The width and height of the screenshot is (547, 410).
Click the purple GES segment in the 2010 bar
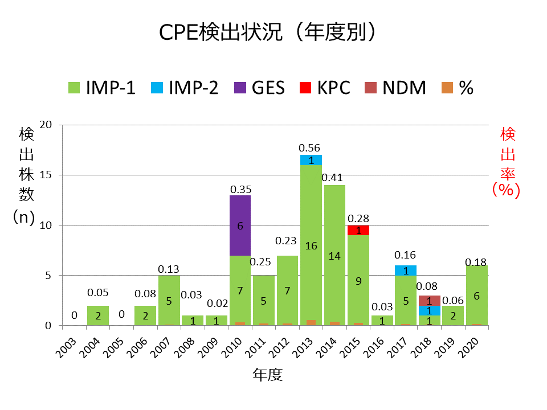click(240, 225)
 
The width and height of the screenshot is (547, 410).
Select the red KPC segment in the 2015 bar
click(358, 230)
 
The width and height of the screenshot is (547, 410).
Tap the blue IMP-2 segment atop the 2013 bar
click(311, 160)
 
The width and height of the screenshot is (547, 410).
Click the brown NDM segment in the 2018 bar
click(429, 301)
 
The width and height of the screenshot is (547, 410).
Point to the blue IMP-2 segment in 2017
click(406, 270)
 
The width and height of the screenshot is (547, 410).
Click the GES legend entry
click(260, 88)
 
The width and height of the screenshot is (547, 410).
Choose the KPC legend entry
click(325, 88)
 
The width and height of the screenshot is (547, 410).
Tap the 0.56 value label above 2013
click(311, 148)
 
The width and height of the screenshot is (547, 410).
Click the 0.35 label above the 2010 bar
click(240, 189)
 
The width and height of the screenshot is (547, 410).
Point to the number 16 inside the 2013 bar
click(311, 246)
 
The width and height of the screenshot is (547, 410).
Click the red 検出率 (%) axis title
click(507, 162)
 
